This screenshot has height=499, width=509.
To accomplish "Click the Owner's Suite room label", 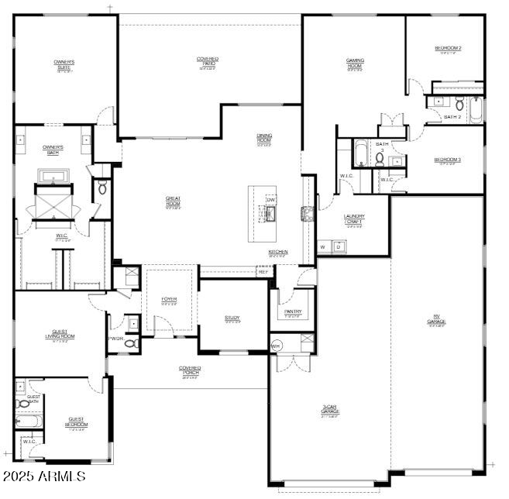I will pos(64,64).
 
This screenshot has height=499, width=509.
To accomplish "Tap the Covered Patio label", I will pos(207,61).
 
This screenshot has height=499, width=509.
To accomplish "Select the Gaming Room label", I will pos(355,64).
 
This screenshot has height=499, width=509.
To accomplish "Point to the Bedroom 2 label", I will pos(448,49).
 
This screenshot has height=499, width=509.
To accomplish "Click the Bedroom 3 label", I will pos(448,160).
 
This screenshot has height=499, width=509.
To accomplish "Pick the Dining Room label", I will pos(264,138).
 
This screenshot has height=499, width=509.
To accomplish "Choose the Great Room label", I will pos(173,201).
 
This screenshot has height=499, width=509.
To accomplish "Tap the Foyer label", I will pos(169,300).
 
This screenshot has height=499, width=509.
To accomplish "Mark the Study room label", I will pos(232,318).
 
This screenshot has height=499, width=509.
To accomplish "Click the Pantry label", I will pos(293,312).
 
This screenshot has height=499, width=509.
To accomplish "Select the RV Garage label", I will pos(436,320).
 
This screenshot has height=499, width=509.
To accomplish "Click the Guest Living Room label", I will pos(60,335).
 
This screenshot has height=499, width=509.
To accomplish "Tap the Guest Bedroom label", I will pos(76,422).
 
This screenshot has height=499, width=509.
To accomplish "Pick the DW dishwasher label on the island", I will pos(271,201).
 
